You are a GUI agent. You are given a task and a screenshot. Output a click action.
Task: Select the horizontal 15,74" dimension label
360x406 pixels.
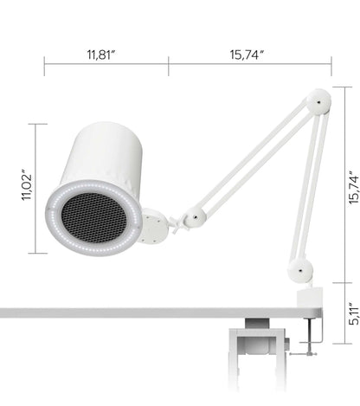pos(247,54)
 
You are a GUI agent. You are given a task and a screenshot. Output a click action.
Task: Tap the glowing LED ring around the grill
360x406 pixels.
pos(59,235)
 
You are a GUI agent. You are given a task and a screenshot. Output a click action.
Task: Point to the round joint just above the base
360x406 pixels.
pos(300,270)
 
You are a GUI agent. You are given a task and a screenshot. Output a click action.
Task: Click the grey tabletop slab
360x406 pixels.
pos(130,311)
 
